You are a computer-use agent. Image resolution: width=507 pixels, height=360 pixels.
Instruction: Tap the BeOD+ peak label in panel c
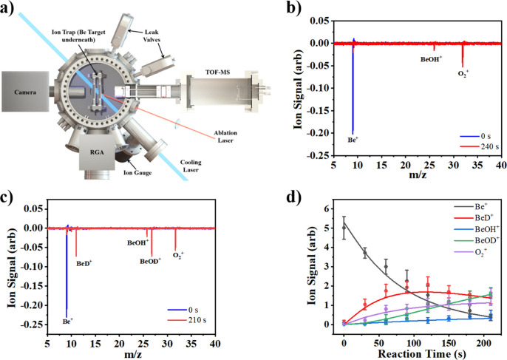[x=151, y=261]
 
